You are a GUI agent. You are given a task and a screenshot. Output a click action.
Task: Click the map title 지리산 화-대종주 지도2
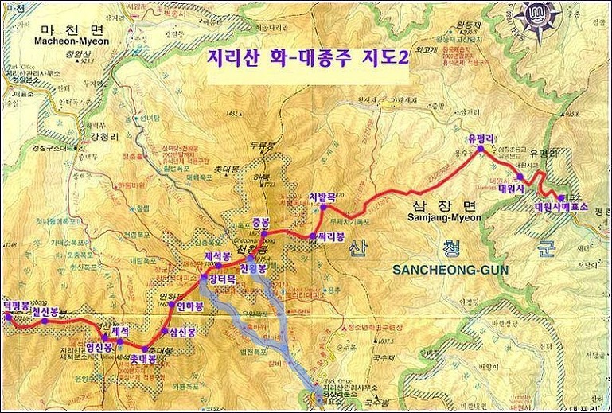306,61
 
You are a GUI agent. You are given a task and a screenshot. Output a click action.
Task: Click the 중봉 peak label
261,222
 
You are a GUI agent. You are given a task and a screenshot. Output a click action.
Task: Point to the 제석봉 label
217,256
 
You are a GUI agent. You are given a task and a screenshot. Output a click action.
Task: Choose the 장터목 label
221,280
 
